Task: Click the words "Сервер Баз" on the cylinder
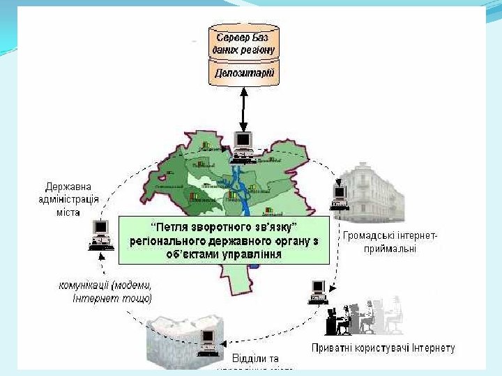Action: pos(244,36)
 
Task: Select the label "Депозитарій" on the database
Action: pos(244,72)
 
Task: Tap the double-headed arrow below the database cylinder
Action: pos(243,108)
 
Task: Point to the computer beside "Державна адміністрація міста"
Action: pos(101,234)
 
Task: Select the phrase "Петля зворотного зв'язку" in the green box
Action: pos(225,228)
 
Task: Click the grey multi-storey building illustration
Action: pos(376,191)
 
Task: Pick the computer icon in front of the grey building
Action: pos(340,196)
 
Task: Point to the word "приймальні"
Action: pos(390,249)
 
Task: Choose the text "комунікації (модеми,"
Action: pos(105,285)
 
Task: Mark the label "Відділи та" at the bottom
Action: pos(255,358)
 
